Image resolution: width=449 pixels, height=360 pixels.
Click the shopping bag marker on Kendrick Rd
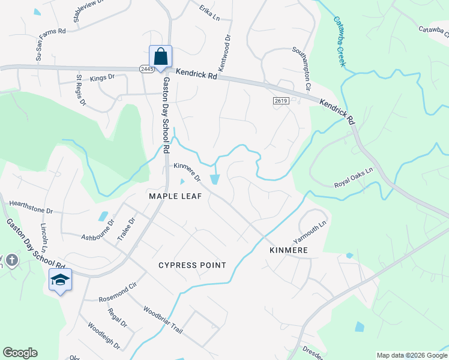pyautogui.click(x=160, y=57)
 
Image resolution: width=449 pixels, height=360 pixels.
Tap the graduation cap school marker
pyautogui.click(x=60, y=280)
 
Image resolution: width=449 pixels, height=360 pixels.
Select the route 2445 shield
pyautogui.click(x=147, y=70)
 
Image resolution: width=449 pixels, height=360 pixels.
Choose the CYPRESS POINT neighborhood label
pyautogui.click(x=192, y=265)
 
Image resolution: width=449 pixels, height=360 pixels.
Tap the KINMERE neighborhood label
pyautogui.click(x=289, y=250)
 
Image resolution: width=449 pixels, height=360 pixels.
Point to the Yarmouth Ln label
pyautogui.click(x=310, y=230)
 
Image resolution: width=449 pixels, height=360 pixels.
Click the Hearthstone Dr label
pyautogui.click(x=31, y=211)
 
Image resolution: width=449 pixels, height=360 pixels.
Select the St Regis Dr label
pyautogui.click(x=81, y=89)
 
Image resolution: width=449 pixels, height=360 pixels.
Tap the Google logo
pyautogui.click(x=20, y=353)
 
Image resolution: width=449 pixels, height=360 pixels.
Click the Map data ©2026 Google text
pyautogui.click(x=411, y=355)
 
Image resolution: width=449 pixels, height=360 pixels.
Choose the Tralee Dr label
pyautogui.click(x=127, y=229)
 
